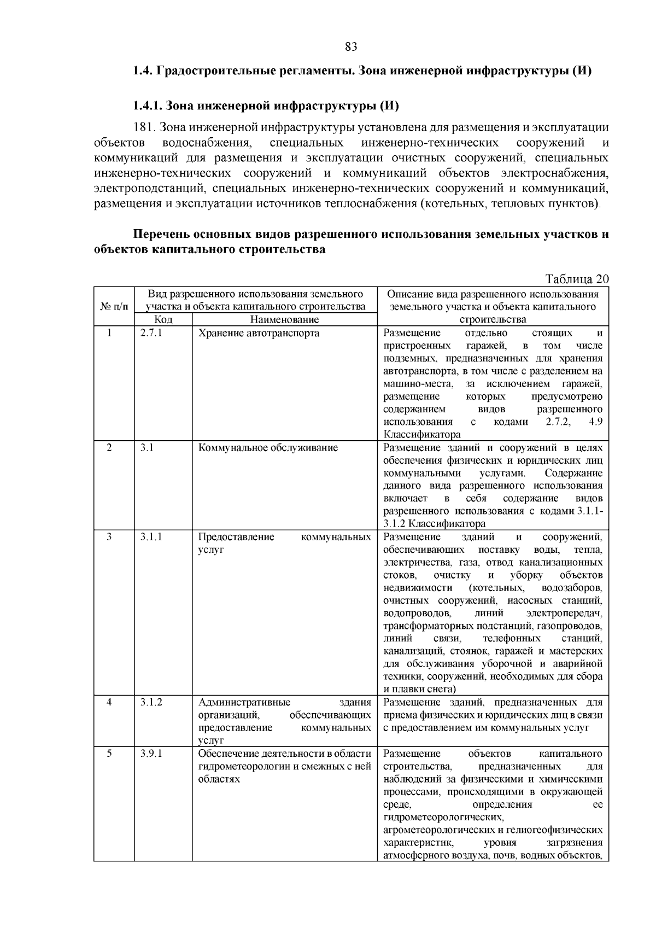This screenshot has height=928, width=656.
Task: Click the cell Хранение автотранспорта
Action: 259,333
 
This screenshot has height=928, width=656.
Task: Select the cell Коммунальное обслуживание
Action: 268,448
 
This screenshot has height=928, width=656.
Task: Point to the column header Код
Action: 163,319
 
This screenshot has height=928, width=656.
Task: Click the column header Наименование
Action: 284,319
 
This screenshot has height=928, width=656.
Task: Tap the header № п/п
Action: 114,307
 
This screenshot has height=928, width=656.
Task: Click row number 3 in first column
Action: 109,537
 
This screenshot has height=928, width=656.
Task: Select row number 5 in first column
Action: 109,754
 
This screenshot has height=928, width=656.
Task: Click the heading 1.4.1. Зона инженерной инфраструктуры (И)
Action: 265,104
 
